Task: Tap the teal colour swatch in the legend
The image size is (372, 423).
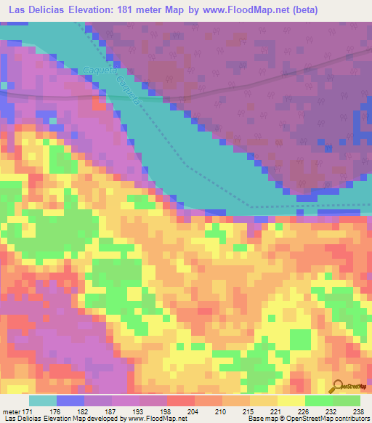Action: [x=43, y=400]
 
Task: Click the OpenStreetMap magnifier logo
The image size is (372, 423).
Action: [x=338, y=387]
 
